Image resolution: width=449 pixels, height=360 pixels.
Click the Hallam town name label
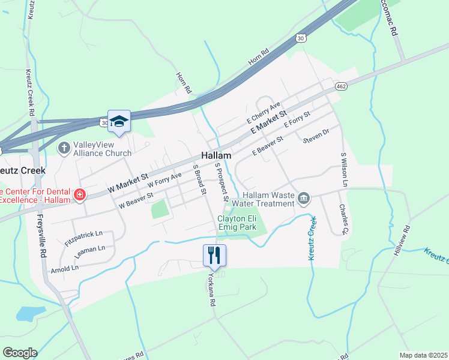click(216, 155)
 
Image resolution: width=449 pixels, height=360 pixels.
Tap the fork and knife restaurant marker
click(214, 256)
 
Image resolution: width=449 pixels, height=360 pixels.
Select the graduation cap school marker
click(119, 122)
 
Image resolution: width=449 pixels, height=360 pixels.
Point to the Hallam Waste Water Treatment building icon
click(304, 199)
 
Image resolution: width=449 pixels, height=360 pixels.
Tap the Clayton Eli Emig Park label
click(237, 223)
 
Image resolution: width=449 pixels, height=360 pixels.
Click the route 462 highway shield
click(341, 86)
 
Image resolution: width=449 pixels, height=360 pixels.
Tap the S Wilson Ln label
click(344, 170)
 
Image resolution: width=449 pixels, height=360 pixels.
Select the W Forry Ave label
click(164, 179)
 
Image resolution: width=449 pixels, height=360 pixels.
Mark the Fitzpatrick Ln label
click(83, 238)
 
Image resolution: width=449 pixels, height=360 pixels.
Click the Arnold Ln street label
click(65, 266)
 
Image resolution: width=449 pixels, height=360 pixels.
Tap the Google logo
click(19, 353)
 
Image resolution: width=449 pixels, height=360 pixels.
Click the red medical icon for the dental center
click(79, 194)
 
